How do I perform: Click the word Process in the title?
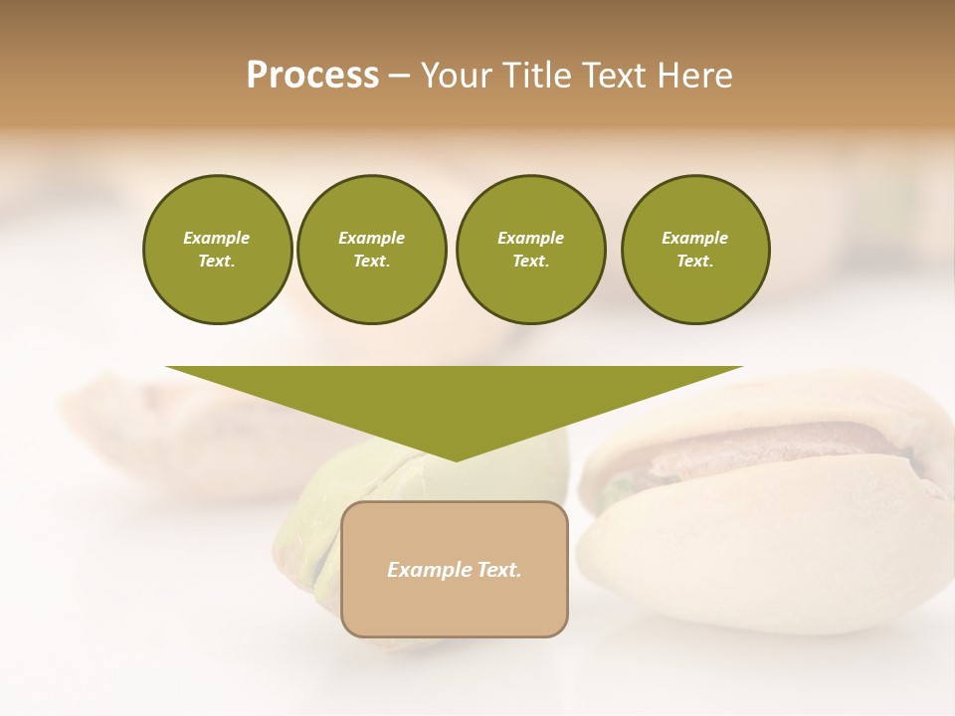[312, 76]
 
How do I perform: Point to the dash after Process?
[399, 77]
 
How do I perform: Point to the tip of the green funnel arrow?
[455, 458]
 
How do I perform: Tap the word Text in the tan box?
[498, 570]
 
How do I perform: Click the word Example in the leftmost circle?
[217, 238]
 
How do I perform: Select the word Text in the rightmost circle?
[694, 262]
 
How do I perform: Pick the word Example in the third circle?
[530, 238]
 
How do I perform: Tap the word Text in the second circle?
[371, 262]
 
